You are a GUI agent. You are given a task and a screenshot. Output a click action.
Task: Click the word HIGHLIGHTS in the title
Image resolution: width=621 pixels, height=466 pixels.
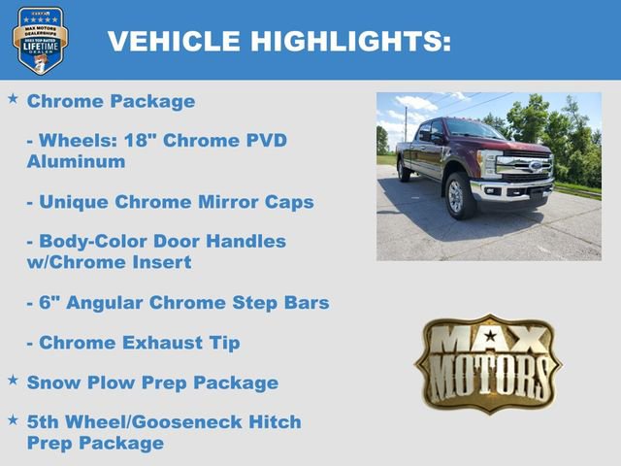tap(351, 41)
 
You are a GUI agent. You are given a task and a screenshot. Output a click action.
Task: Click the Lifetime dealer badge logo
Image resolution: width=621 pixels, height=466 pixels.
tap(40, 40)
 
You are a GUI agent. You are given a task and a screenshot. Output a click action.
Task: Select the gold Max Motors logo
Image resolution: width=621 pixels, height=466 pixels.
tap(488, 363)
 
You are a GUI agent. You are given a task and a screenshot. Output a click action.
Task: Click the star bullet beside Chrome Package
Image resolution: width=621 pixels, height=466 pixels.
tap(13, 99)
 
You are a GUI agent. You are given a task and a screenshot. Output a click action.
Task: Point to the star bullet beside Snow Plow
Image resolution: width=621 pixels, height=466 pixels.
tap(13, 381)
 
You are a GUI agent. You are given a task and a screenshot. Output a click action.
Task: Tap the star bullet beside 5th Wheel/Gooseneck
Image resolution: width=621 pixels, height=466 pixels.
tap(13, 420)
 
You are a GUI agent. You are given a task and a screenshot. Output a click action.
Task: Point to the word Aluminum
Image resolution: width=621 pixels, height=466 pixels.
tap(76, 161)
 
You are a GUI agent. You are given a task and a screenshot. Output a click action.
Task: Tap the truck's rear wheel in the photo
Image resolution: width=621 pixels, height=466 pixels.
tap(403, 171)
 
